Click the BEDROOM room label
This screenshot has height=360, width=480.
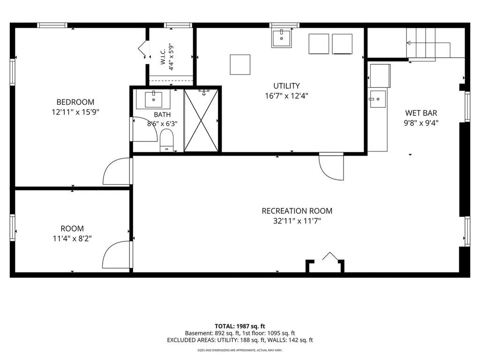pos(75,102)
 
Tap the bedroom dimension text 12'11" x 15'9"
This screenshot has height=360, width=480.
pos(75,112)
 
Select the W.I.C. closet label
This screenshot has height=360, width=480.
pos(163,57)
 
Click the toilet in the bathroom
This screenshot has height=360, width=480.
pos(166,141)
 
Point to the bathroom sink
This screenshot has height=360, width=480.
pos(153,99)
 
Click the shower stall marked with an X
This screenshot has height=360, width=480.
pos(201,120)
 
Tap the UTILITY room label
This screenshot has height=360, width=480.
pos(286,86)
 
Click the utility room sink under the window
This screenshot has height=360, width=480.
pos(281,38)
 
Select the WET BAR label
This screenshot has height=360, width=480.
pos(421,113)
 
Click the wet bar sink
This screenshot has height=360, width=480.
pos(378,99)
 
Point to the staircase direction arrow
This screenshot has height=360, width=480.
pos(428,43)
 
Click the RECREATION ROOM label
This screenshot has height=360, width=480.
pos(297,211)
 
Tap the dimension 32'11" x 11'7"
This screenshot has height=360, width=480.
pos(297,221)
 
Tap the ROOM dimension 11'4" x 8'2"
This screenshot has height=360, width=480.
pos(72,239)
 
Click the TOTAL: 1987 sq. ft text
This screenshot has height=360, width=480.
pos(240,326)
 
